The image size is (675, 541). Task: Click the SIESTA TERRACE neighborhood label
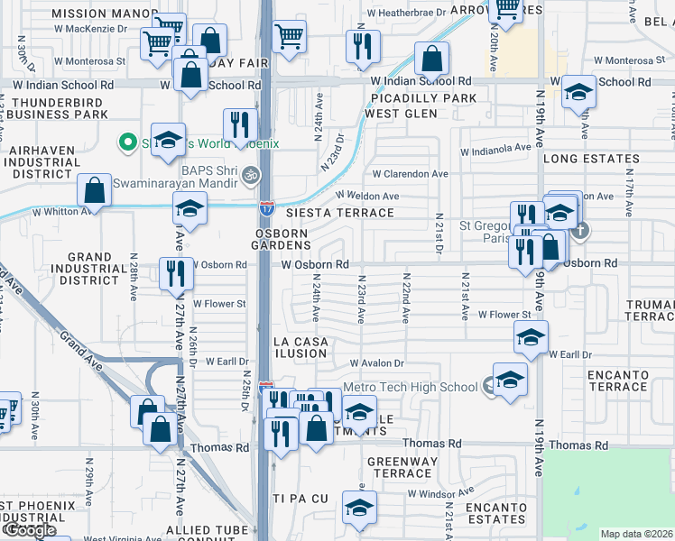point(339,213)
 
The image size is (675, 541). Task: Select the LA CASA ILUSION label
point(301,347)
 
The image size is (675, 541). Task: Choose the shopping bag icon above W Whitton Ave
point(94,190)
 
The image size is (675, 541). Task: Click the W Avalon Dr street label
point(395,363)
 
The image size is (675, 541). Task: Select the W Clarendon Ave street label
point(410,174)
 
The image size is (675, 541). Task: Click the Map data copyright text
point(637,534)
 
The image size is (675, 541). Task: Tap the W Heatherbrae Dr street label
point(408,14)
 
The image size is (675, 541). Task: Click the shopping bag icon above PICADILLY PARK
point(432,60)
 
